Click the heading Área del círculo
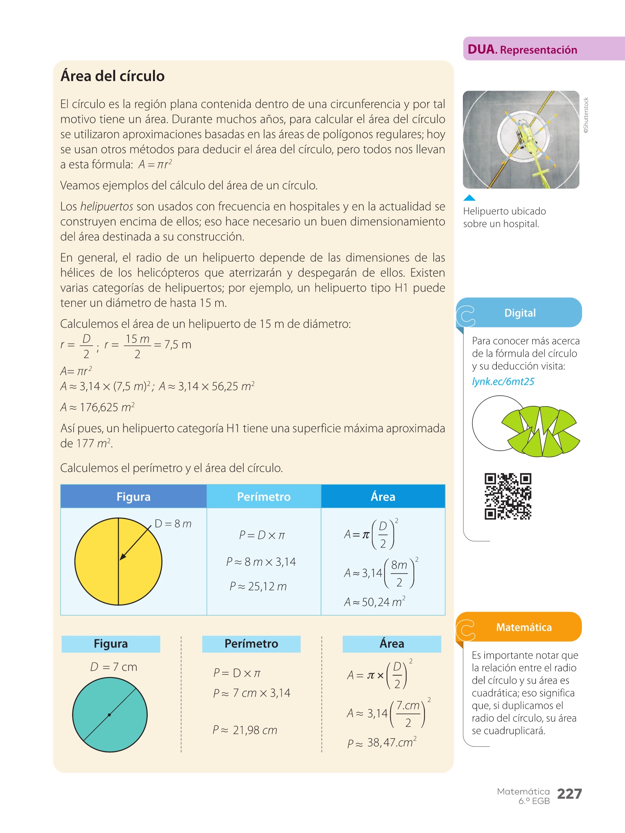click(112, 76)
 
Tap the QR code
click(508, 496)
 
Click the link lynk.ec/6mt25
click(503, 382)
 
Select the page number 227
click(569, 794)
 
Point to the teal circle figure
click(110, 715)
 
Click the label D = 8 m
click(173, 524)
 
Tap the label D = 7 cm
click(114, 667)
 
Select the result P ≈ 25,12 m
click(258, 587)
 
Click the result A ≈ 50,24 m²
click(375, 602)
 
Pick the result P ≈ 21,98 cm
click(245, 731)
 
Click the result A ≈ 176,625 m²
click(98, 407)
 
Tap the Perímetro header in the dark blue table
click(264, 497)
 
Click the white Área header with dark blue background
click(383, 497)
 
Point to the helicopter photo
click(521, 140)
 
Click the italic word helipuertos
click(107, 207)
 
